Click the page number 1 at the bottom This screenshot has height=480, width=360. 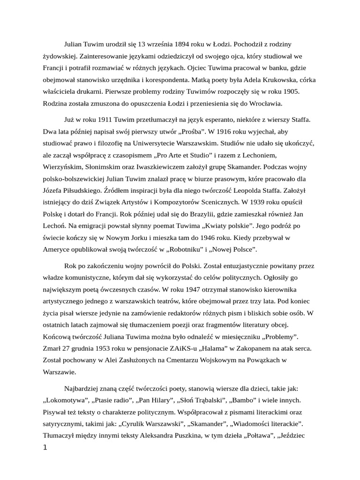pos(45,448)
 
